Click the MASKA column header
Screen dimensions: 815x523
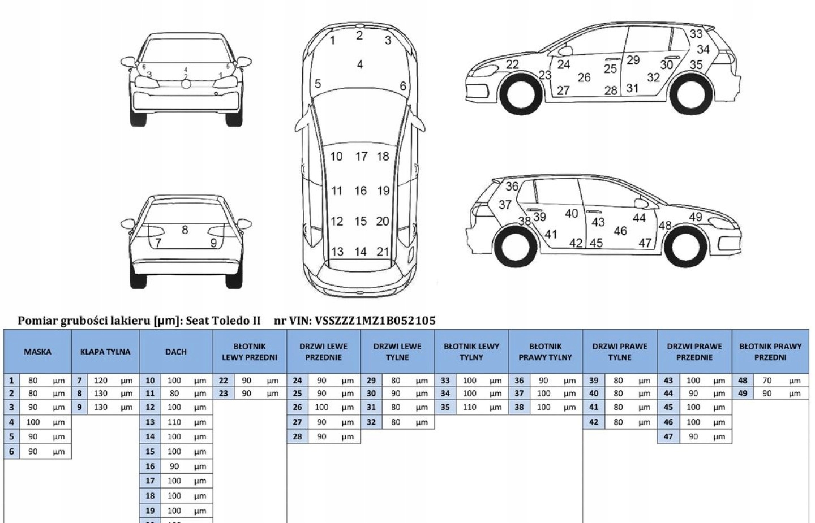click(37, 352)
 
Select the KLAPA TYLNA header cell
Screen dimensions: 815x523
click(105, 352)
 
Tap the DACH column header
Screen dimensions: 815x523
click(176, 352)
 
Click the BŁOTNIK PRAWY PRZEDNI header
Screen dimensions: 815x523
click(770, 352)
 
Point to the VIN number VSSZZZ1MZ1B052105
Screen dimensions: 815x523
click(375, 321)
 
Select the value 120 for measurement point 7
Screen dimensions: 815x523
click(101, 381)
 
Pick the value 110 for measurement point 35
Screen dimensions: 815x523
click(469, 407)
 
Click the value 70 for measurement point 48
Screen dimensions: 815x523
click(767, 381)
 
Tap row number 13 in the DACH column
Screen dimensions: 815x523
click(150, 422)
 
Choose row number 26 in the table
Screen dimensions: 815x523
click(297, 407)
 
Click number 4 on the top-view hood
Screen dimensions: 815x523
click(360, 64)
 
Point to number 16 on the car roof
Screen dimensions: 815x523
click(361, 191)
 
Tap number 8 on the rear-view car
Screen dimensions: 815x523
click(185, 230)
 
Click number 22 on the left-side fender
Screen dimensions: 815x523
click(512, 64)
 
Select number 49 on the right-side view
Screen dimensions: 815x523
click(696, 217)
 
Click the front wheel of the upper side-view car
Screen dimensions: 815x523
click(519, 94)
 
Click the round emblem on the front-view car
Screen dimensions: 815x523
click(186, 84)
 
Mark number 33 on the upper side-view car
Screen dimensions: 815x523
click(696, 34)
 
